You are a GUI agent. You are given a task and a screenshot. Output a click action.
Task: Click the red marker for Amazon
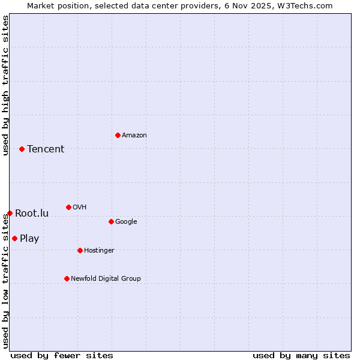tap(118, 135)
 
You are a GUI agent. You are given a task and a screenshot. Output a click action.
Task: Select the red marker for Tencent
tap(22, 149)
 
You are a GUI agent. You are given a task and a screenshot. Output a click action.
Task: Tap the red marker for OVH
tap(68, 207)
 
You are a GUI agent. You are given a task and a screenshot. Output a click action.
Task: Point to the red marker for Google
tap(111, 221)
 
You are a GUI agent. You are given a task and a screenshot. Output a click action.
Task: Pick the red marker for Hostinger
tap(80, 250)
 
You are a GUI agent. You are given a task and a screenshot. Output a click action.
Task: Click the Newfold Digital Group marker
tap(67, 278)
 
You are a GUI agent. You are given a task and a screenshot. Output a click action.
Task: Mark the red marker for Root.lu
tap(10, 213)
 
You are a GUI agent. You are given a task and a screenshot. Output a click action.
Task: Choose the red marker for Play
tap(14, 238)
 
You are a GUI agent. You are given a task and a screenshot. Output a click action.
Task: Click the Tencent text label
tap(46, 149)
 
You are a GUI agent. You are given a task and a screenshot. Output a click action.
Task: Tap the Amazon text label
tap(134, 136)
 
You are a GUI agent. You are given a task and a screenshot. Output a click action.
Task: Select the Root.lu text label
tap(32, 214)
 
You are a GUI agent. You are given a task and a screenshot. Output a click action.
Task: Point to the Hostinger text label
tap(99, 251)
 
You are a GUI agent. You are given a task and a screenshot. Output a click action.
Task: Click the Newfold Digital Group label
tap(106, 278)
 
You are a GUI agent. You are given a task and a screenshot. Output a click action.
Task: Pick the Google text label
tap(126, 222)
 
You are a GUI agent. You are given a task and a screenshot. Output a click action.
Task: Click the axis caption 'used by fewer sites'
tap(62, 355)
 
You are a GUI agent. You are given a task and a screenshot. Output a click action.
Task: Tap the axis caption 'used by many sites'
tap(301, 355)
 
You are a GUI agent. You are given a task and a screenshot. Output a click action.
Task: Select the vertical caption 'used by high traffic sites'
tap(6, 85)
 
